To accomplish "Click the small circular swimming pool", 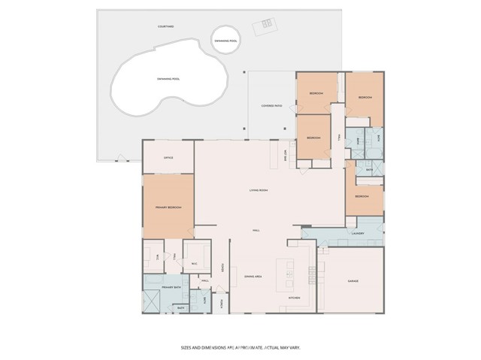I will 225,42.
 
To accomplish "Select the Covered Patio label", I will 272,106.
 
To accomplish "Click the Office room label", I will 168,157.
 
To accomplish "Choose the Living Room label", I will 259,190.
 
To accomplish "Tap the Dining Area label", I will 253,277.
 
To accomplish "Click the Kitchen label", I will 295,298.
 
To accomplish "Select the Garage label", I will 352,281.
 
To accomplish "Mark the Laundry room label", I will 358,233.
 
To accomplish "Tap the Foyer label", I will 222,267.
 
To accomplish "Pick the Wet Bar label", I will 286,153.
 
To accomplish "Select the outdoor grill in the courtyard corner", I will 267,25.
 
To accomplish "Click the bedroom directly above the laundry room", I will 362,196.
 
